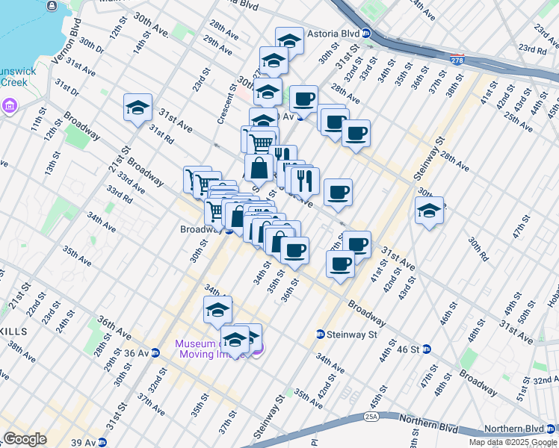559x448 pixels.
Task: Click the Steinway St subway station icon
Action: (x=321, y=335)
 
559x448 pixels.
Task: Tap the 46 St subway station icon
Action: (x=427, y=349)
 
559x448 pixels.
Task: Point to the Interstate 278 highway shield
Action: (x=456, y=58)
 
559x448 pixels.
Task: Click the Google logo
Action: (x=25, y=439)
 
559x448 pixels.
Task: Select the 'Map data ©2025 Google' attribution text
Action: (x=513, y=442)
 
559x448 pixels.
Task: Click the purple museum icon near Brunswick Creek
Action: (x=9, y=104)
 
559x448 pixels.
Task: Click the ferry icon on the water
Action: (x=52, y=6)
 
